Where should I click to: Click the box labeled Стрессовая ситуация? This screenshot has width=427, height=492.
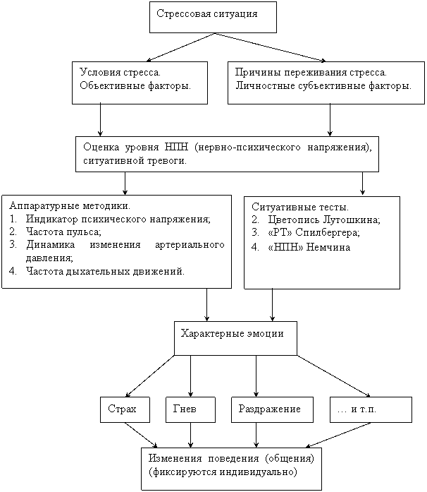pos(213,17)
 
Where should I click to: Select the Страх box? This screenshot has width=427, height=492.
pos(125,410)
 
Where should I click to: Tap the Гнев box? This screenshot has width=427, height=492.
pos(190,410)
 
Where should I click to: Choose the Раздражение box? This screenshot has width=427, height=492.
pos(272,410)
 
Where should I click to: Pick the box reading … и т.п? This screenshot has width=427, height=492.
pos(371,410)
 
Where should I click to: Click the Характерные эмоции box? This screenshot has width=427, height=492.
pos(235,338)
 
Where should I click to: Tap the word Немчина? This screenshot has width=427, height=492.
pos(328,247)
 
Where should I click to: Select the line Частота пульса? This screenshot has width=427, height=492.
pos(63,232)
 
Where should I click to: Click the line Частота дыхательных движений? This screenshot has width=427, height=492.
pos(105,271)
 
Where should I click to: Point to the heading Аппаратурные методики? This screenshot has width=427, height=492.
pos(70,206)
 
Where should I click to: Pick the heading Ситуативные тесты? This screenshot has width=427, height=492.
pos(300,207)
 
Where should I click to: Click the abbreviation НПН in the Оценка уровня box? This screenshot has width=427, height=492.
pos(176,147)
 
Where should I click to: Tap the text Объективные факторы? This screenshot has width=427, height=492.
pos(135,85)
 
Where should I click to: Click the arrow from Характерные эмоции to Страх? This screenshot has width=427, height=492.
pos(150,376)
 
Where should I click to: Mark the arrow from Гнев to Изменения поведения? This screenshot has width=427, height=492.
pos(190,436)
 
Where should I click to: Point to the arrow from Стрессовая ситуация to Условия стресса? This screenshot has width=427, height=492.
pos(181,47)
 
